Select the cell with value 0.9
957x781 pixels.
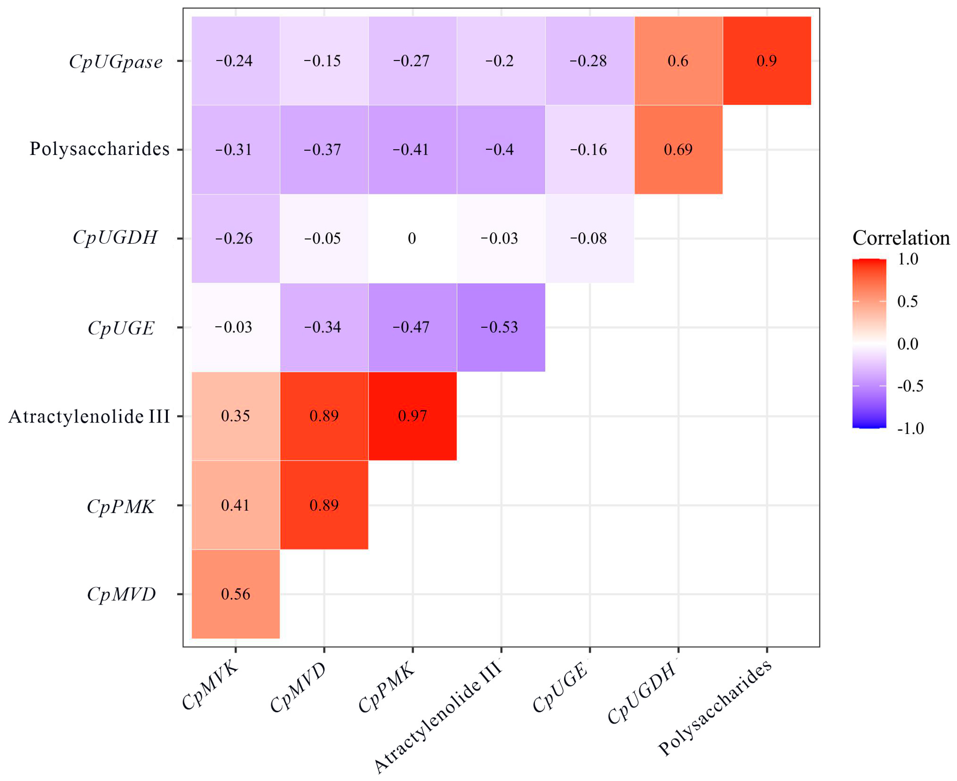[x=767, y=61]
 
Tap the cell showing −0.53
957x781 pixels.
[x=501, y=327]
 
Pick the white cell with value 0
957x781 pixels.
[x=412, y=238]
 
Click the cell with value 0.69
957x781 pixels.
[x=678, y=149]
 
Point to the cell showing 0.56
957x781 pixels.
[x=235, y=594]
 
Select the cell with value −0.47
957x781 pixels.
[x=412, y=327]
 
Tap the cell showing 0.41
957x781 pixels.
[x=235, y=505]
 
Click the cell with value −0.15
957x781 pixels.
[x=324, y=61]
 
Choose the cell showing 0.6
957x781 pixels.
[x=678, y=61]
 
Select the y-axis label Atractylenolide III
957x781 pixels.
[x=89, y=416]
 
